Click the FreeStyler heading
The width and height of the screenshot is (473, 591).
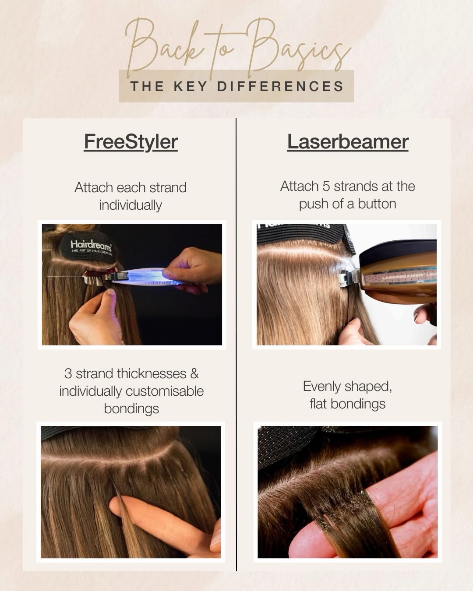[x=131, y=142]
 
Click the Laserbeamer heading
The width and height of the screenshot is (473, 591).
[x=348, y=142]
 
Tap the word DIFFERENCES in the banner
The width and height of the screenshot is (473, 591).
[x=280, y=86]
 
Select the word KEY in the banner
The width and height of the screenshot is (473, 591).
[x=191, y=86]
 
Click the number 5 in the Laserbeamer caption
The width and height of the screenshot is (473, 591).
[x=326, y=186]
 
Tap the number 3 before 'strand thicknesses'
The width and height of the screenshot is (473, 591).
[x=68, y=373]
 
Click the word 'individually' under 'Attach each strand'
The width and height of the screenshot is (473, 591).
[x=131, y=205]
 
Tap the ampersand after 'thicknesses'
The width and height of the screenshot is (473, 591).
[x=194, y=374]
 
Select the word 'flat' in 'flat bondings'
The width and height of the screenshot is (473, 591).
[x=318, y=404]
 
